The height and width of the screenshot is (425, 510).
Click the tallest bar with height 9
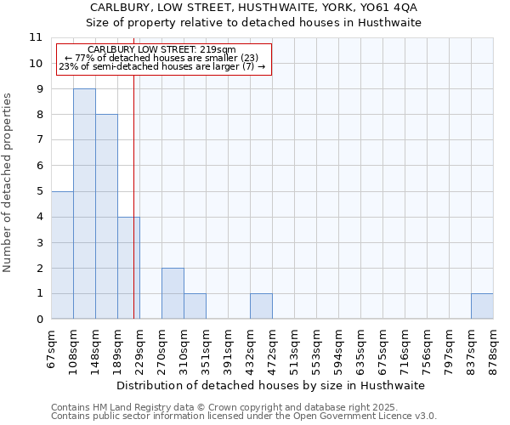click(x=84, y=204)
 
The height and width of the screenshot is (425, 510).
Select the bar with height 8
click(x=106, y=217)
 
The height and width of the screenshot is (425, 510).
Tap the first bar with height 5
click(x=62, y=255)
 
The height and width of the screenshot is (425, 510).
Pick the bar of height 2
click(x=173, y=293)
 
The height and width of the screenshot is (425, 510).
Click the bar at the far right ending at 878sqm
click(x=482, y=306)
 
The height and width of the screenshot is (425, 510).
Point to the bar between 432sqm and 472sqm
click(x=261, y=306)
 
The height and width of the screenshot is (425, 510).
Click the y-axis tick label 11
click(x=36, y=37)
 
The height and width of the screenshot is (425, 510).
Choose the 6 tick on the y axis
click(x=39, y=166)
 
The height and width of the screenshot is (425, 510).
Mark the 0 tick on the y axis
click(x=39, y=320)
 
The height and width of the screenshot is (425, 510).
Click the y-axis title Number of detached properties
click(x=8, y=183)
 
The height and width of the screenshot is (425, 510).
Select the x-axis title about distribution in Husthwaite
click(x=270, y=385)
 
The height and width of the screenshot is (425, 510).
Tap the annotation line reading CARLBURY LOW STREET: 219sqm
click(x=161, y=50)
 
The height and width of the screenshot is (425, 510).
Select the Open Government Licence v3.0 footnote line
click(x=244, y=416)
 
